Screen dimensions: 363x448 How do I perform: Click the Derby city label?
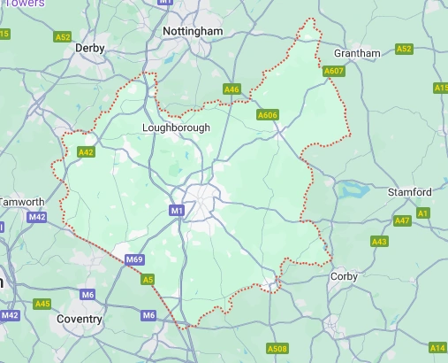point(90,47)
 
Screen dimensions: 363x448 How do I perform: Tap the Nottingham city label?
point(193,31)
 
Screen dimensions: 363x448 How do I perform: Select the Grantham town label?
point(357,53)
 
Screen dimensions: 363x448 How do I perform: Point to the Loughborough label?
point(177,127)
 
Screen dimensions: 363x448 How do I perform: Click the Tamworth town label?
point(22,202)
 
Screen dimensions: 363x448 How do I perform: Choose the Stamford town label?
point(410,192)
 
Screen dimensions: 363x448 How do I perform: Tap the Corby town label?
point(343,276)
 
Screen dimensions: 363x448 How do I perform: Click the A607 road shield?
point(333,71)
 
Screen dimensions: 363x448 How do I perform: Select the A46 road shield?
point(232,89)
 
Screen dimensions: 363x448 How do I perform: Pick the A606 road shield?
point(267,115)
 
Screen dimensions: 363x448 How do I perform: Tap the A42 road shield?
point(86,152)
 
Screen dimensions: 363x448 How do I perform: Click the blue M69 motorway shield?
point(134,259)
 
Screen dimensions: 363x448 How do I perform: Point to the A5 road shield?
point(149,280)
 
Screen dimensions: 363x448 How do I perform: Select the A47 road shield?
point(402,220)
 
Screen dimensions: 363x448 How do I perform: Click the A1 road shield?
point(423,213)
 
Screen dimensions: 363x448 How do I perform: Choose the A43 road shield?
point(380,241)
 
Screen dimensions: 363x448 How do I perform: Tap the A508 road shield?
point(277,349)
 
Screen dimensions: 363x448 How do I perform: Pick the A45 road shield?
point(42,304)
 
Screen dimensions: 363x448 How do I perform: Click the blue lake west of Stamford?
point(352,189)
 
